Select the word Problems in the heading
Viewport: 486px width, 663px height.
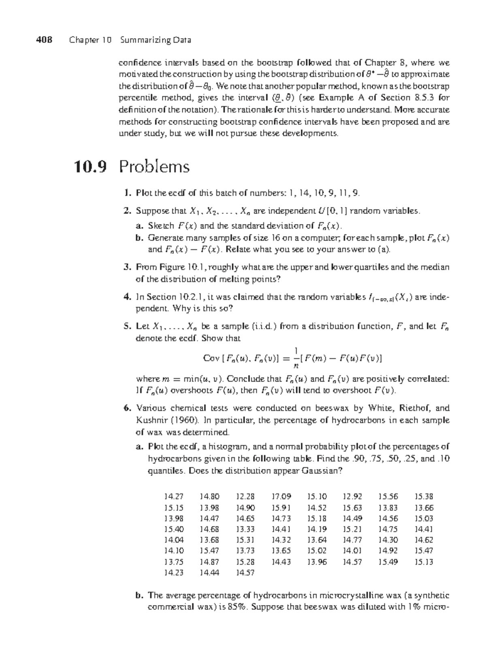tap(154, 167)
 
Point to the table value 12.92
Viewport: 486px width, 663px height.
tap(352, 496)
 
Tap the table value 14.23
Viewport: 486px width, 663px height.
tap(173, 573)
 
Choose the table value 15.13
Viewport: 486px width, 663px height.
tap(424, 562)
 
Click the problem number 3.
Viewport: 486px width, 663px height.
tap(126, 267)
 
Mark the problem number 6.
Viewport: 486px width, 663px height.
tap(126, 408)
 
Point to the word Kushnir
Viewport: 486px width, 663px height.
tap(150, 420)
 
